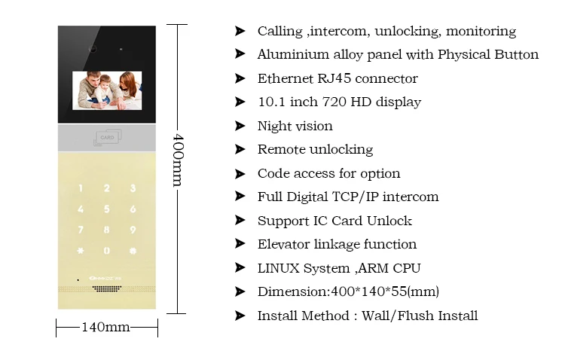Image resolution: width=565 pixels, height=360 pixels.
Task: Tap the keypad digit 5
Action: [x=107, y=209]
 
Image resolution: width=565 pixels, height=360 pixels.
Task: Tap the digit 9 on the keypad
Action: [x=133, y=230]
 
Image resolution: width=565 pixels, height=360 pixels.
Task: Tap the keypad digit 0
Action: [x=107, y=250]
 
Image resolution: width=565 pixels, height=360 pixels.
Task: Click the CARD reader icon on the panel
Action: [x=106, y=138]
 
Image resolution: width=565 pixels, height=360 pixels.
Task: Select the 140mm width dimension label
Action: [x=106, y=327]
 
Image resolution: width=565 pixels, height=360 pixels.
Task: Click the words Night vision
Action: [x=295, y=126]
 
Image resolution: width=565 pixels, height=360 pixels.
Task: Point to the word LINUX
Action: [x=278, y=267]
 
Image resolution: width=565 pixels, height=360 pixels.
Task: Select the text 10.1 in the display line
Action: [x=270, y=102]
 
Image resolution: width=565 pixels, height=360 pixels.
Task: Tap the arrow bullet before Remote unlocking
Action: [x=240, y=149]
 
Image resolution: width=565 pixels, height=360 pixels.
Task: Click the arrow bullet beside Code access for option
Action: [x=240, y=173]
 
